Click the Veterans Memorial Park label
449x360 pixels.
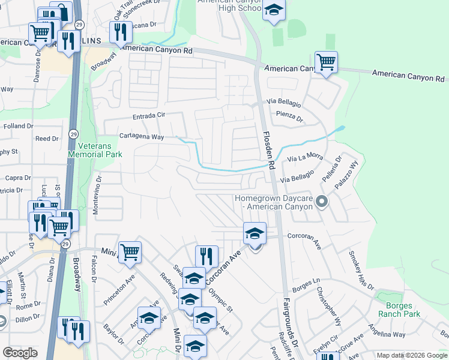95,150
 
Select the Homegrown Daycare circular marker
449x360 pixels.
322,202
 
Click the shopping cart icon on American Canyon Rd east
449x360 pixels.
326,61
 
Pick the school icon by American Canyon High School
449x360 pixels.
274,11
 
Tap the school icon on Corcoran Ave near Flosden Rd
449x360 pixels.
255,233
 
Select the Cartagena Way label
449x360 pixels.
142,137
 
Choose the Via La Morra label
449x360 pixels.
305,158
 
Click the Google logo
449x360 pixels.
20,353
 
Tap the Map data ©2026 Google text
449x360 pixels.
411,355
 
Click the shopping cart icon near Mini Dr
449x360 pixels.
130,252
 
